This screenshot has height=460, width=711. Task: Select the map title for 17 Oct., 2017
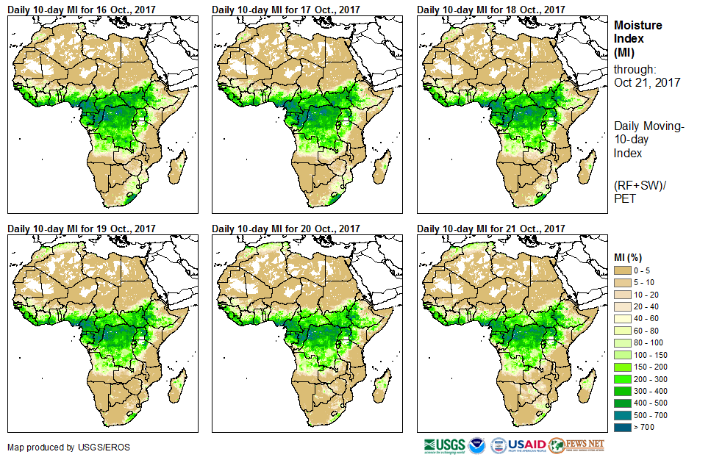286,10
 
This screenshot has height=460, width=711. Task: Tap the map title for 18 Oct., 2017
491,10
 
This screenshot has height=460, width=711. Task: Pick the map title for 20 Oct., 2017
286,229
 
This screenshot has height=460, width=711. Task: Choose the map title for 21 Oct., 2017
491,229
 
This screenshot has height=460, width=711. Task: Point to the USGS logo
444,445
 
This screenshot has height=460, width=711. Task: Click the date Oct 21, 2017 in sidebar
647,82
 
